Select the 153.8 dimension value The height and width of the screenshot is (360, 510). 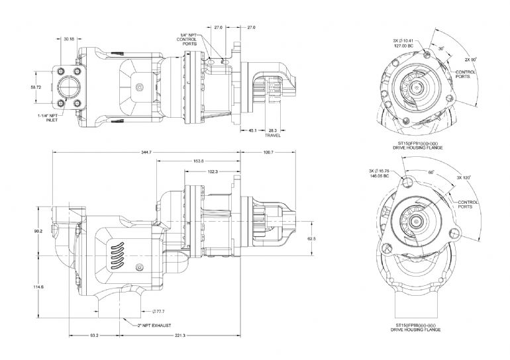point(197,161)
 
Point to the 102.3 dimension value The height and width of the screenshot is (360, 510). point(213,172)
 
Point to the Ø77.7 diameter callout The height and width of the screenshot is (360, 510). point(158,311)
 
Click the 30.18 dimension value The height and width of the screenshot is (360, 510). point(69,39)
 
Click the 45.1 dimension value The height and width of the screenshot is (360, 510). point(252,130)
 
